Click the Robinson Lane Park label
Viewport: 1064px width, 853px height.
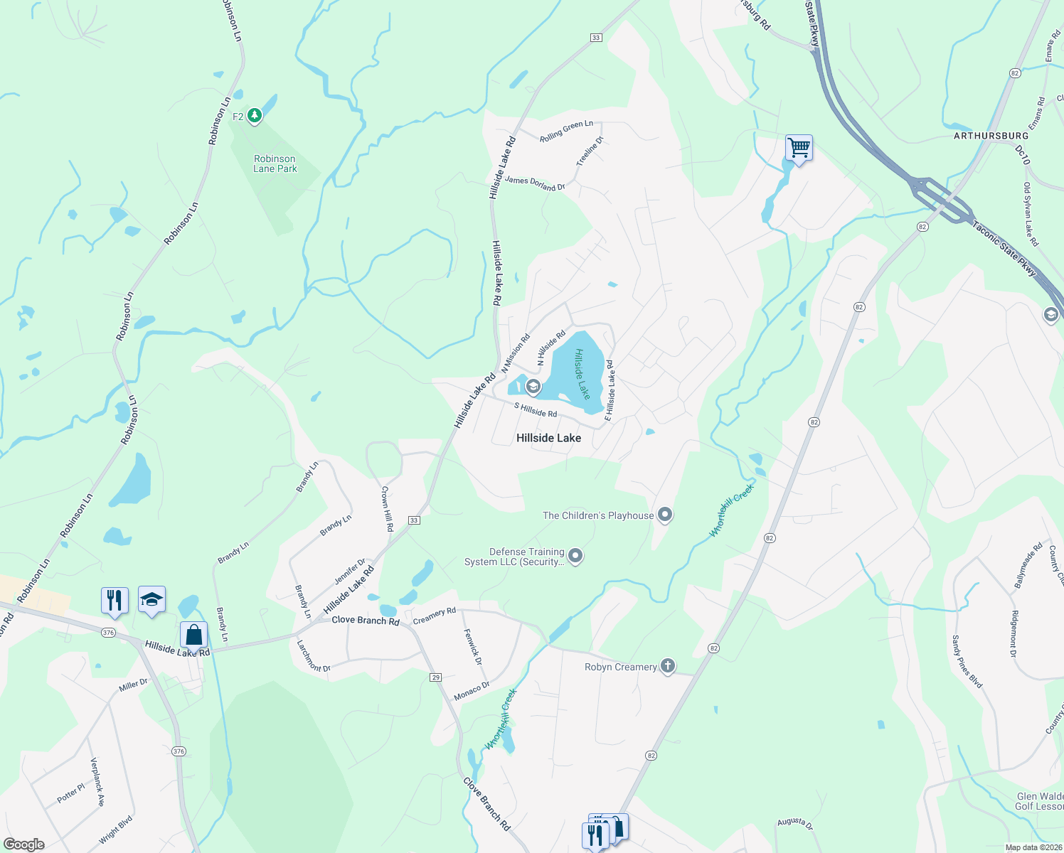(x=275, y=164)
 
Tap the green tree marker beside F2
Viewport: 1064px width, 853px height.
(x=255, y=116)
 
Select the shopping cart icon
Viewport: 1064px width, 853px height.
(x=799, y=149)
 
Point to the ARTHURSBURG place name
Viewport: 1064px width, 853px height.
(x=991, y=136)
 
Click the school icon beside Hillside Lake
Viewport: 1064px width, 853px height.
(x=533, y=387)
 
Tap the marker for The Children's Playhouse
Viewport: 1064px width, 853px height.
(x=665, y=515)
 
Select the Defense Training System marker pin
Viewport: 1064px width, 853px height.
(x=576, y=556)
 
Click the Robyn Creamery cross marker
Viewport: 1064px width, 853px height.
(x=667, y=666)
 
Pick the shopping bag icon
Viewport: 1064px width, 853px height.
(x=193, y=635)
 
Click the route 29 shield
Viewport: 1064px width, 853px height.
(x=436, y=677)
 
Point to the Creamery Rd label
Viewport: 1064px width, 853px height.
(x=434, y=616)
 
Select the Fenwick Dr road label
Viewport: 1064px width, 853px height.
(x=473, y=647)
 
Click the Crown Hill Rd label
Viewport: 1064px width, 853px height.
(x=387, y=509)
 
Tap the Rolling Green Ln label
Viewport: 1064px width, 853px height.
(x=566, y=132)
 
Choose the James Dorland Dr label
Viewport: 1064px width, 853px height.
(x=535, y=183)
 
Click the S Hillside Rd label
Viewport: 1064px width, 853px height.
(x=536, y=410)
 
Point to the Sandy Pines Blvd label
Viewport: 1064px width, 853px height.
(x=967, y=662)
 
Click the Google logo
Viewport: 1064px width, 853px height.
(x=23, y=844)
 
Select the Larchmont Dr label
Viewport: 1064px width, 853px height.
(x=314, y=656)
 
